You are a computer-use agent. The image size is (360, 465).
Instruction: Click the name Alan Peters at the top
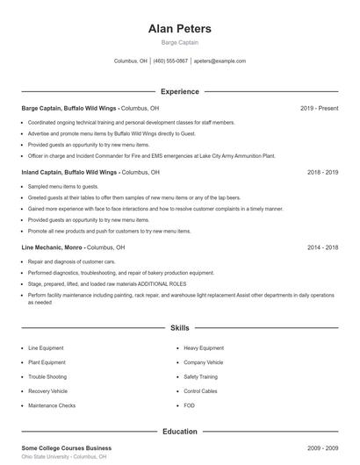[180, 28]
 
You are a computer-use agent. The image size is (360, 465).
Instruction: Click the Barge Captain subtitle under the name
[180, 42]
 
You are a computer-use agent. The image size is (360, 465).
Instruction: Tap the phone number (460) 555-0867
[170, 61]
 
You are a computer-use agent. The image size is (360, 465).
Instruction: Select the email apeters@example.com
[220, 61]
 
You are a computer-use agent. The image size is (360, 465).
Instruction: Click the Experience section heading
[180, 91]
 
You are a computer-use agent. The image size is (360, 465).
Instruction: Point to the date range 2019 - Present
[319, 108]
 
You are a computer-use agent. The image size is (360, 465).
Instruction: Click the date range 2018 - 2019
[322, 173]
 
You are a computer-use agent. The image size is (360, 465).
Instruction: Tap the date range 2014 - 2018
[322, 248]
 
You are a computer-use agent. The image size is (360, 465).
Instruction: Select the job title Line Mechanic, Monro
[52, 248]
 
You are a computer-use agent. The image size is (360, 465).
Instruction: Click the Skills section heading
[180, 328]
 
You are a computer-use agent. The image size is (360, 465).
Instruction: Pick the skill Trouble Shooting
[47, 376]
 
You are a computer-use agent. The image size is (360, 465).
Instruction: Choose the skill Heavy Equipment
[204, 348]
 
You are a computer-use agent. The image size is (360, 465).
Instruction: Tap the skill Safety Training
[201, 376]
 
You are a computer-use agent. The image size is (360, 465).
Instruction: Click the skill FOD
[189, 405]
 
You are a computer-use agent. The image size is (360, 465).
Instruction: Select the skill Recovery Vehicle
[47, 391]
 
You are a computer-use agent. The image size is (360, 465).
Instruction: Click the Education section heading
[180, 432]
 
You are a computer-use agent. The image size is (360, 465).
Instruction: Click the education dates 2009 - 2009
[322, 448]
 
